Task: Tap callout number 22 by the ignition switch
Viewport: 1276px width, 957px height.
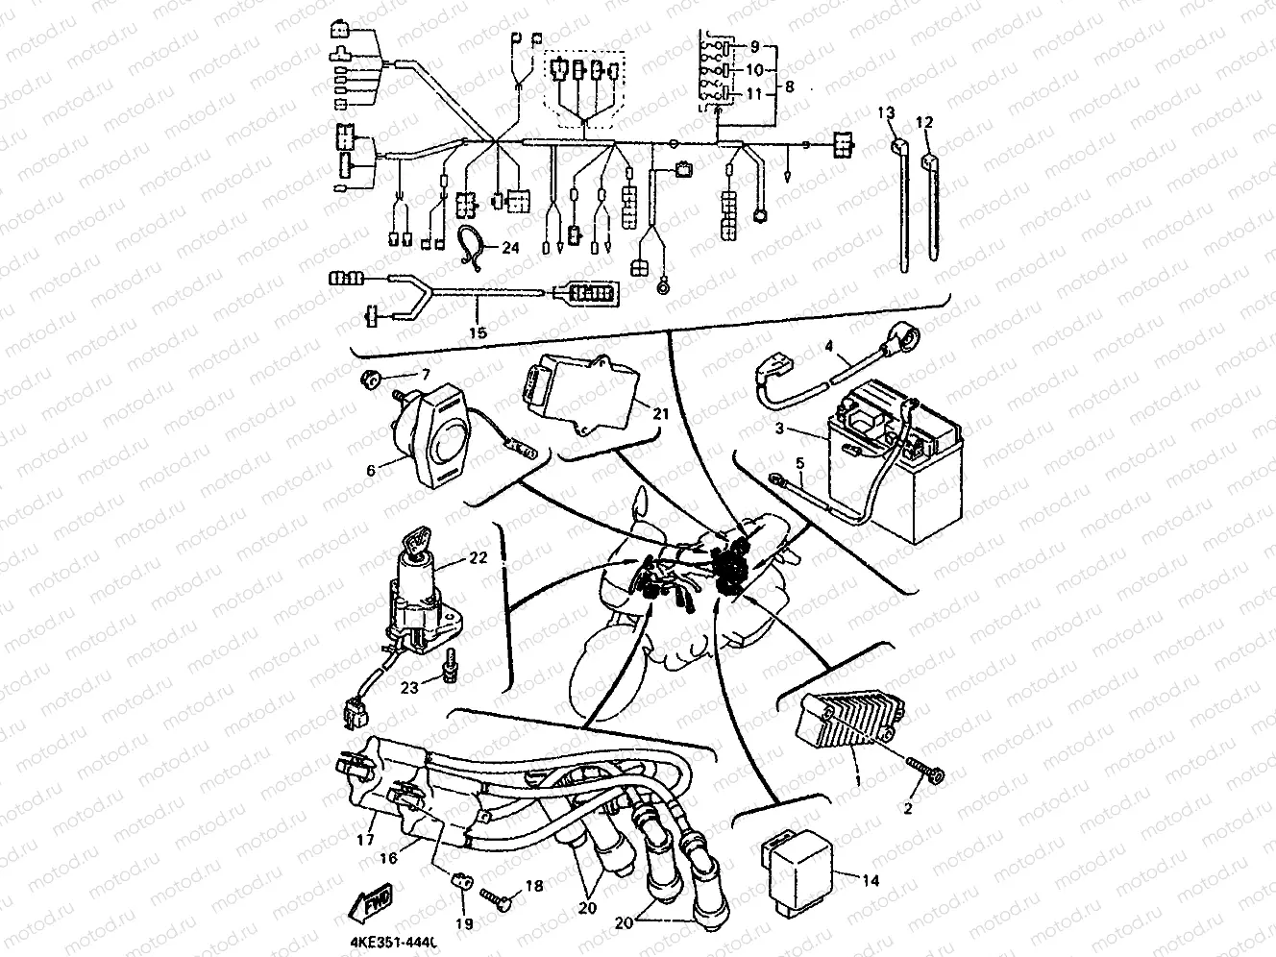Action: click(478, 558)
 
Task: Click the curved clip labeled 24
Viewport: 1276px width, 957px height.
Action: click(470, 246)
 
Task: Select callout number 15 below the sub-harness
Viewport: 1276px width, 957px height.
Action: click(478, 332)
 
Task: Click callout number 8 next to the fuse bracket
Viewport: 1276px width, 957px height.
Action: click(789, 86)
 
